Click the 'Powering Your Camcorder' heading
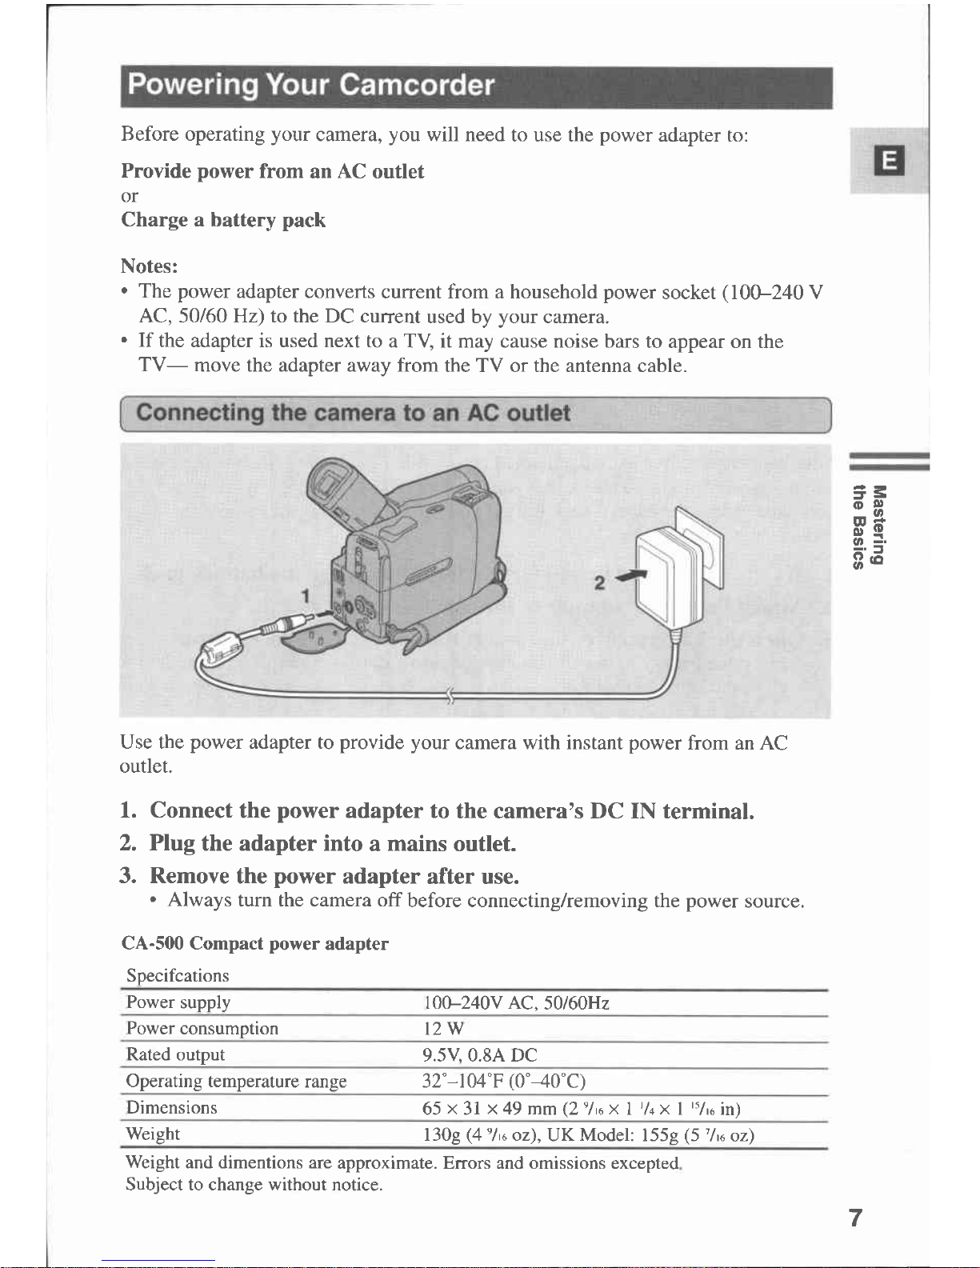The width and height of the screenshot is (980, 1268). tap(311, 85)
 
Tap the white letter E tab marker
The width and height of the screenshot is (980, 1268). tap(889, 160)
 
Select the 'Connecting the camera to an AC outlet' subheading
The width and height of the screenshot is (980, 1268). tap(353, 413)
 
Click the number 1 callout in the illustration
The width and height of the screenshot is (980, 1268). tap(305, 596)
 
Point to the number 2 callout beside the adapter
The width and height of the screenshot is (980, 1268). tap(599, 582)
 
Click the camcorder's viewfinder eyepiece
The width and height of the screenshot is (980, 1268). tap(329, 484)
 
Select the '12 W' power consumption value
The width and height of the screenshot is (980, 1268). tap(443, 1027)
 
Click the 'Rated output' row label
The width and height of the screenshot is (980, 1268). tap(175, 1054)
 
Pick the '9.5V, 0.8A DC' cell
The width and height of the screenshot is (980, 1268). tap(479, 1054)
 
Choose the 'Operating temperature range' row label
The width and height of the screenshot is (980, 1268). tap(236, 1081)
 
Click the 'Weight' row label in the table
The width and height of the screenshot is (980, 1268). tap(153, 1134)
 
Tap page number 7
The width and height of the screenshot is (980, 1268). tap(855, 1218)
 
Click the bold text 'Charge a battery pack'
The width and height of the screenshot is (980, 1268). tap(223, 220)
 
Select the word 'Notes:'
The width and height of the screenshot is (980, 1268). tap(150, 266)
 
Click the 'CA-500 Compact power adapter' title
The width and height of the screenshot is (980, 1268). tap(255, 943)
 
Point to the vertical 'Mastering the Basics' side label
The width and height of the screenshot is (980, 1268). tap(869, 526)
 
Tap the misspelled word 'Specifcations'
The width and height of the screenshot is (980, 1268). tap(178, 976)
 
